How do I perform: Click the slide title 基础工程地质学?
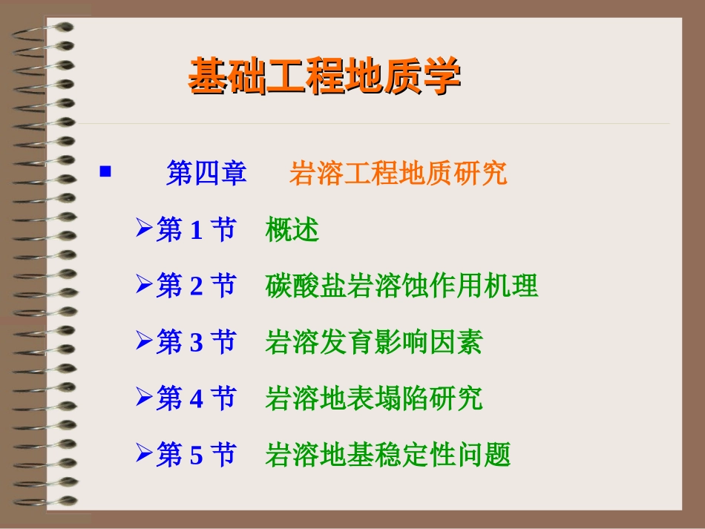coord(324,76)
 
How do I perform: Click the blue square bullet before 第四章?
coord(105,172)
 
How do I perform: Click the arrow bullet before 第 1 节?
coord(143,229)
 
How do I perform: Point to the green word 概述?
coord(292,231)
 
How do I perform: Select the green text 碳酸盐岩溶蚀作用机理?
coord(401,286)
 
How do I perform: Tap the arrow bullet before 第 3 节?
coord(143,341)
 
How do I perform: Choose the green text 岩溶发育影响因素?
coord(373,343)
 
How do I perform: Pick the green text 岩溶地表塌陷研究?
coord(373,399)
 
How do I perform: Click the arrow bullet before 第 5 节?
coord(143,453)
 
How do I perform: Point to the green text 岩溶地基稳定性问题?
coord(387,455)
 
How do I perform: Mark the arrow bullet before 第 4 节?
coord(143,397)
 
